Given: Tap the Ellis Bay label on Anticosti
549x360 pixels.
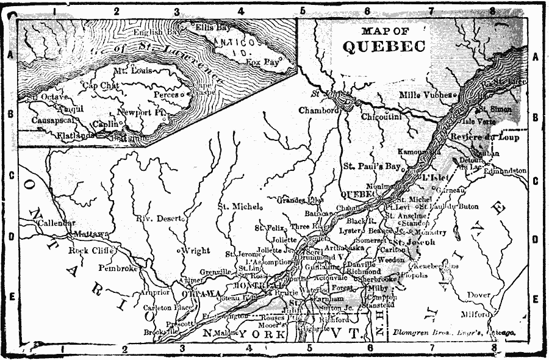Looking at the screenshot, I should pyautogui.click(x=213, y=27).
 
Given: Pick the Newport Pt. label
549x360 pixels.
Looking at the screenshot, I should pyautogui.click(x=142, y=113).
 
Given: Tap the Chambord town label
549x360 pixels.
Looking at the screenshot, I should pyautogui.click(x=318, y=110).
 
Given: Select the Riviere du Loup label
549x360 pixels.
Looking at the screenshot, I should pyautogui.click(x=486, y=138).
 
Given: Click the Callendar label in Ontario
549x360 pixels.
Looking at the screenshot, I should pyautogui.click(x=56, y=223).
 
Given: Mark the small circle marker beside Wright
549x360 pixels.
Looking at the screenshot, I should pyautogui.click(x=178, y=251).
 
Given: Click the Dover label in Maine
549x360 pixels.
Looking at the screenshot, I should pyautogui.click(x=479, y=295).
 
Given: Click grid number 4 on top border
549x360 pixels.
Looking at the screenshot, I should pyautogui.click(x=240, y=11).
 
